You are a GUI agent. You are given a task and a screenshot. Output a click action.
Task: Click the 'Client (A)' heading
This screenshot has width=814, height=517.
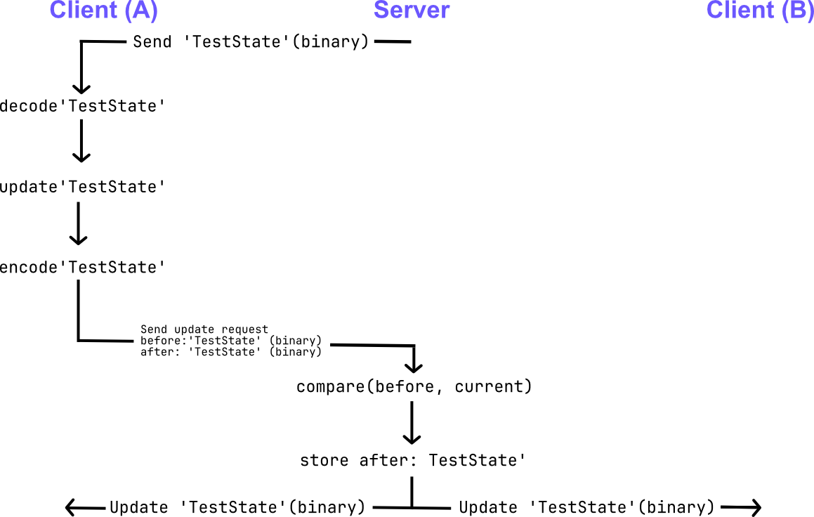[103, 11]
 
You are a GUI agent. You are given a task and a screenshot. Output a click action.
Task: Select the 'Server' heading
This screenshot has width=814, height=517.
[412, 11]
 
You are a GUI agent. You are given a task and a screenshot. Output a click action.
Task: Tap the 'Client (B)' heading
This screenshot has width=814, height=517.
[760, 11]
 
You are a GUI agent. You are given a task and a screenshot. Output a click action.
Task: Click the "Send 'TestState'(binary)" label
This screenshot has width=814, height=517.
[251, 41]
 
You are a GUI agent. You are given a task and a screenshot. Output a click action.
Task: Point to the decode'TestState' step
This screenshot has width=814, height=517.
[82, 106]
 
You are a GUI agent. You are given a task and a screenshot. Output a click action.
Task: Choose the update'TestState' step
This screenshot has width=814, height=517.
[82, 187]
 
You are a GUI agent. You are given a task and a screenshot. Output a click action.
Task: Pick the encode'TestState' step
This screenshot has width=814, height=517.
[82, 268]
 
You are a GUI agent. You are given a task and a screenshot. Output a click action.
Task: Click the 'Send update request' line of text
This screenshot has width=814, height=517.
[204, 329]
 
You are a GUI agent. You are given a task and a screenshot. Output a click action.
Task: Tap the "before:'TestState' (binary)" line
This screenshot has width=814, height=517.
[230, 341]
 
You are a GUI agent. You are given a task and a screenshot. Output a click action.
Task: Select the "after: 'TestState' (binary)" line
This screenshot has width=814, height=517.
[230, 352]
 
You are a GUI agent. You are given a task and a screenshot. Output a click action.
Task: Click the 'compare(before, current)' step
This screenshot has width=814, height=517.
[414, 386]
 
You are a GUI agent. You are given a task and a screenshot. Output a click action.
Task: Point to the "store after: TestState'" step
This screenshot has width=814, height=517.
[413, 461]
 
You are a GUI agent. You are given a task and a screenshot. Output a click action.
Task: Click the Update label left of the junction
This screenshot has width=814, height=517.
[237, 507]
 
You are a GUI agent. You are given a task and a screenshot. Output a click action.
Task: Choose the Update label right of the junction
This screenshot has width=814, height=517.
[586, 507]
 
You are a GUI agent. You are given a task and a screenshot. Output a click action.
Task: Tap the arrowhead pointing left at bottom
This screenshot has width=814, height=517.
[70, 506]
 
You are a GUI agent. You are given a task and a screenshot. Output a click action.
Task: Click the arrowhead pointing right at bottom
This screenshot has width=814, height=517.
[755, 506]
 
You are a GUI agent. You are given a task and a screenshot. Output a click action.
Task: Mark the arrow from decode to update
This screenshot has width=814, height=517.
[82, 140]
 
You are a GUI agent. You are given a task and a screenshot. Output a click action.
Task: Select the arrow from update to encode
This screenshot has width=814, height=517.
[78, 223]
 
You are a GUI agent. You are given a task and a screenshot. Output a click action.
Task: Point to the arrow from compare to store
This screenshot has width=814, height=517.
[411, 422]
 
